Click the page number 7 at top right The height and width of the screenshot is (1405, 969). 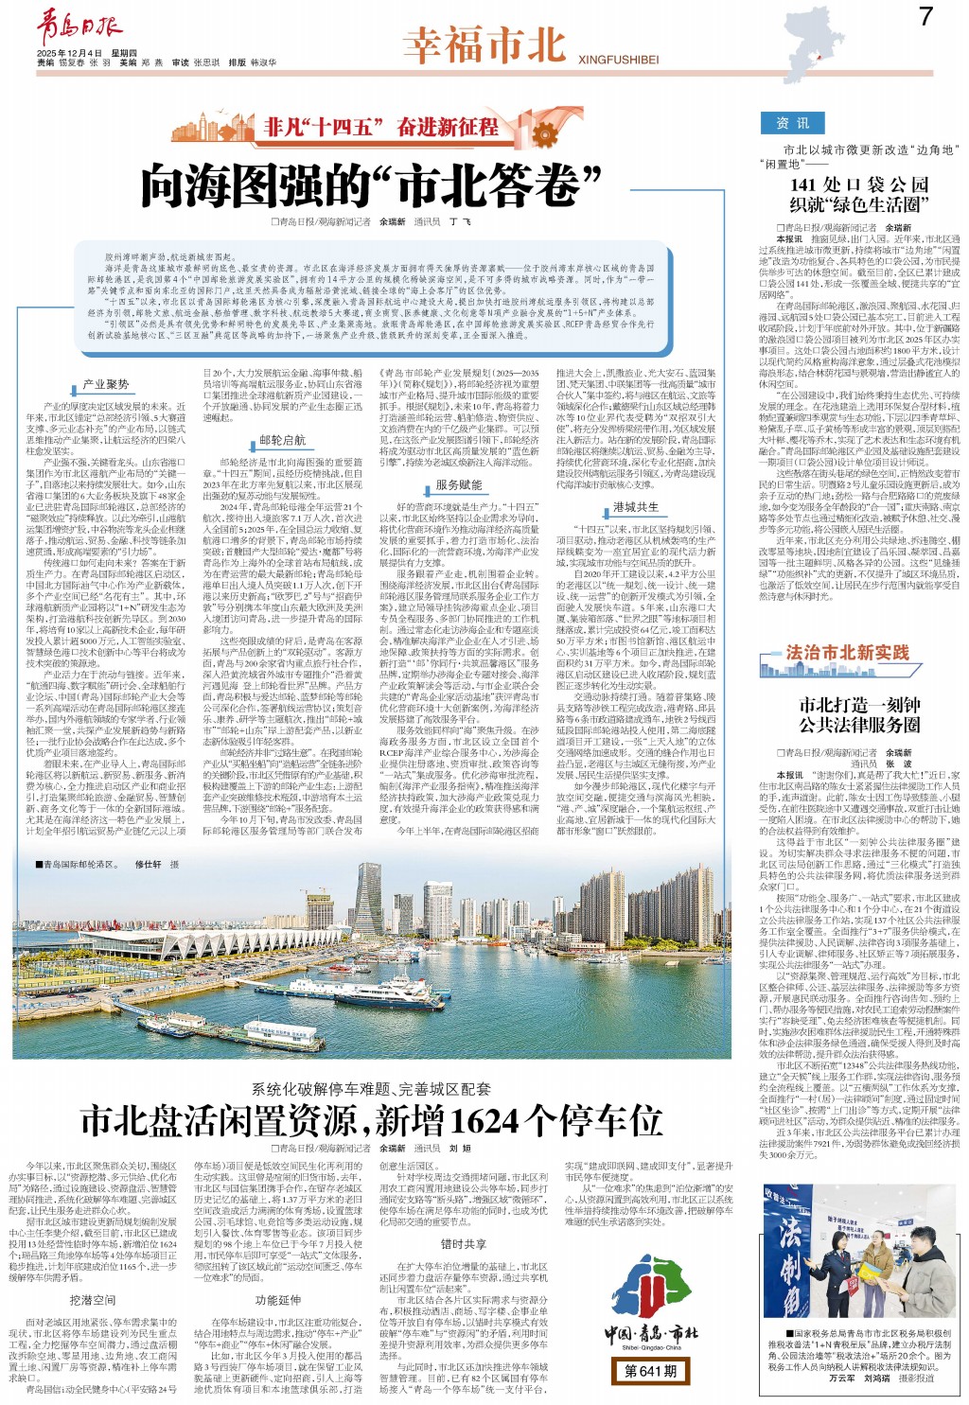point(925,16)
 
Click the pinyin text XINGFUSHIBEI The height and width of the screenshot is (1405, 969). point(618,60)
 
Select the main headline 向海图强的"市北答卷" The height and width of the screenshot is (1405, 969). point(372,185)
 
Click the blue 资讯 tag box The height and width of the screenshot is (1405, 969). point(793,123)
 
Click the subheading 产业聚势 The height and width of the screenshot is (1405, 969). point(105,385)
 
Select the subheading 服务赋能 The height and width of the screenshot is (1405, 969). point(458,484)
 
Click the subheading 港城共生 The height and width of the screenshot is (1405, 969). point(635,507)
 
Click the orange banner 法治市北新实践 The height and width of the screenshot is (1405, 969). point(847,652)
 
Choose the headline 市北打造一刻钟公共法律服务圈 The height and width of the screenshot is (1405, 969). point(858,714)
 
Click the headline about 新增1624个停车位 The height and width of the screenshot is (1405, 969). point(372,1121)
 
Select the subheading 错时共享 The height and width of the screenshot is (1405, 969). point(464,1244)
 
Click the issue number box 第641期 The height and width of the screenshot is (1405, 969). point(651,1370)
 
